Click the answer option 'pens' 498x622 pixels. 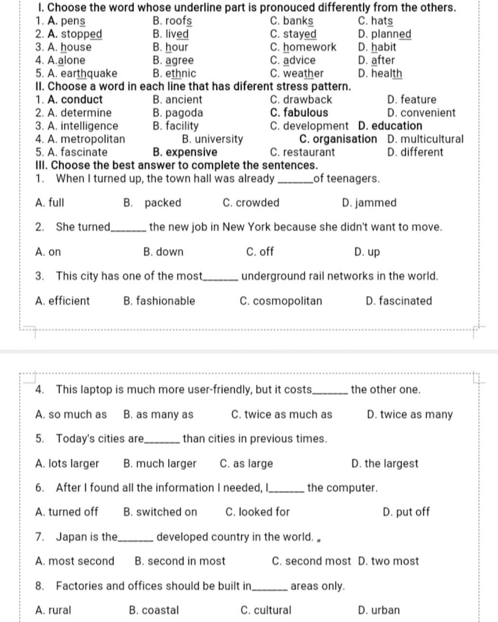73,21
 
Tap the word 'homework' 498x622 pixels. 310,48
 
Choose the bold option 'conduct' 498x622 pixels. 82,100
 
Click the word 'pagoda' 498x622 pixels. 184,113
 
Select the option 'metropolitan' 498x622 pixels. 93,139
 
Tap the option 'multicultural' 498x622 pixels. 432,139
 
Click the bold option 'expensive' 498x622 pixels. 191,153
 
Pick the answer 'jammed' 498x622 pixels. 376,203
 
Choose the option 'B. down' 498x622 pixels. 163,252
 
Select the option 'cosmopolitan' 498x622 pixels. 287,301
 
